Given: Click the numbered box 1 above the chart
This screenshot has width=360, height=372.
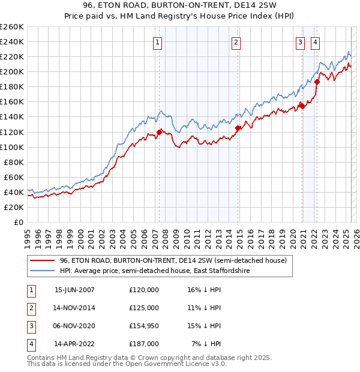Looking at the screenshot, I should click(x=157, y=42).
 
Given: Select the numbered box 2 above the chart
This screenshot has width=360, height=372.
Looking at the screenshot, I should click(x=236, y=42).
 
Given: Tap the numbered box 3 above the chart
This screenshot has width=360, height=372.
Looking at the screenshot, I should click(x=299, y=42).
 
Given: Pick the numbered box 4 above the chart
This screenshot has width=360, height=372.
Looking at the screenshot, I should click(x=315, y=42).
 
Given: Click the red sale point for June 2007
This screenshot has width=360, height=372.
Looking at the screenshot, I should click(x=159, y=132).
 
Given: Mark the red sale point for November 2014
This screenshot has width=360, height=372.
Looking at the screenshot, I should click(x=238, y=128).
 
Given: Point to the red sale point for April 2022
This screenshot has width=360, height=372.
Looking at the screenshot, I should click(x=317, y=82).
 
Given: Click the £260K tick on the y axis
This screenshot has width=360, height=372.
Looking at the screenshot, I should click(x=12, y=27).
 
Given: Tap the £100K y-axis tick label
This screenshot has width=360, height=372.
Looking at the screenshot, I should click(x=12, y=147).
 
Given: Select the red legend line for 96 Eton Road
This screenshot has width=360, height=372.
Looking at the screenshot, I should click(x=42, y=261).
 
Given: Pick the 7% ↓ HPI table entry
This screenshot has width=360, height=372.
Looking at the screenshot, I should click(x=206, y=344).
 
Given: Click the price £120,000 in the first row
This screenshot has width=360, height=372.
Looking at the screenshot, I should click(x=144, y=290).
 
